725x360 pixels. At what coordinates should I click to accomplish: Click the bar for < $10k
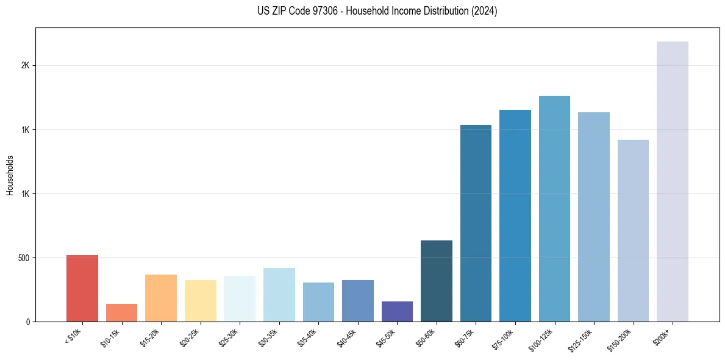(x=82, y=288)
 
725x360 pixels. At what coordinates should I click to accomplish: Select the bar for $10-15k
(x=121, y=312)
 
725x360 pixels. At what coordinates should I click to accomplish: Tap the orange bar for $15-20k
(x=161, y=298)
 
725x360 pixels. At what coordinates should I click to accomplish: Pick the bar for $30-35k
(x=279, y=295)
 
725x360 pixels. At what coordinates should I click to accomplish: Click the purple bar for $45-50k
(x=397, y=311)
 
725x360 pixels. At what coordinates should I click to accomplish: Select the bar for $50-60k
(x=437, y=281)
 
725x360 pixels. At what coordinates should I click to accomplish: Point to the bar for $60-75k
(x=476, y=223)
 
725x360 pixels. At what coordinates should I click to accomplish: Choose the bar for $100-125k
(x=554, y=209)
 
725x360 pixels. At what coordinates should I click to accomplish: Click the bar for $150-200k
(x=633, y=231)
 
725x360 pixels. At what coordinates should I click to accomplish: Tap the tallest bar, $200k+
(x=673, y=181)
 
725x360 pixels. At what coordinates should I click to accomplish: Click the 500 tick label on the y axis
(x=24, y=258)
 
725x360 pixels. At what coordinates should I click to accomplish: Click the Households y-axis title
(x=10, y=175)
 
